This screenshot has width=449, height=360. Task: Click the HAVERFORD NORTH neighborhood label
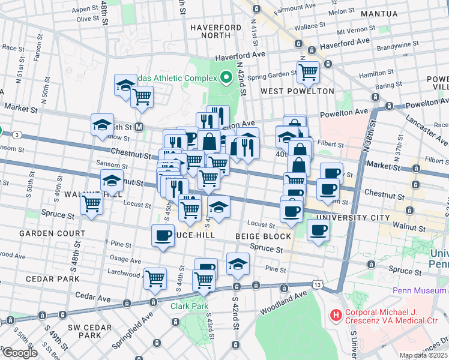(x=210, y=32)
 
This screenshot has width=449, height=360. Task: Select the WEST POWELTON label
(x=297, y=91)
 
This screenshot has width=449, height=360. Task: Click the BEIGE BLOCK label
(x=263, y=236)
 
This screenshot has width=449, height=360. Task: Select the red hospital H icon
(x=334, y=314)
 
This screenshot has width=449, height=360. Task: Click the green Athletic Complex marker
(x=226, y=77)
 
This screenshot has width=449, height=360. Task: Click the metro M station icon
(x=139, y=127)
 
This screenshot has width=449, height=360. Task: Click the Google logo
(x=19, y=353)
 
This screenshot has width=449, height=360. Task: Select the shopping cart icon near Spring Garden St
(x=308, y=72)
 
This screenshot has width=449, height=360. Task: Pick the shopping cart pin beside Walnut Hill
(x=91, y=203)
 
